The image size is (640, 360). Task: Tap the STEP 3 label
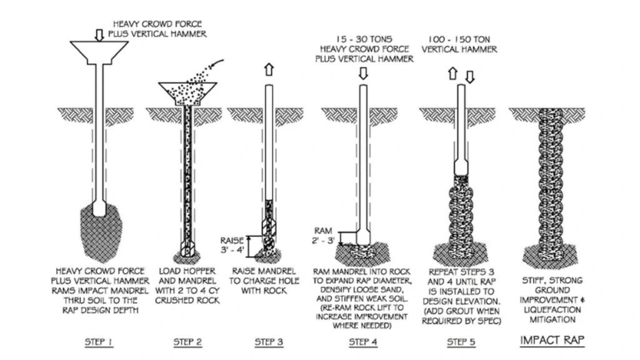coord(268,341)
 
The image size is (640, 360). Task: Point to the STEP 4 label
coord(363,341)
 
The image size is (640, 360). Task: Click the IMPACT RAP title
coord(548,341)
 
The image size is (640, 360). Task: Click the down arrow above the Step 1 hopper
coord(98,34)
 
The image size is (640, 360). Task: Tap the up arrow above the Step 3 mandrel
coord(268,69)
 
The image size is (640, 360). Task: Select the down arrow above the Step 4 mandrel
coord(363,73)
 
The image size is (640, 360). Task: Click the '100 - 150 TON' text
coord(461,38)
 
